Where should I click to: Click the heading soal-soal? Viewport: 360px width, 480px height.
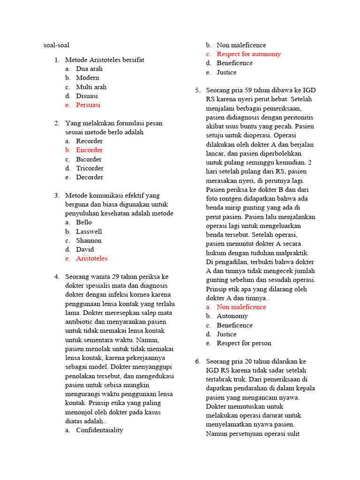tap(56, 45)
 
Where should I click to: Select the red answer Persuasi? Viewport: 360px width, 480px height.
tap(88, 105)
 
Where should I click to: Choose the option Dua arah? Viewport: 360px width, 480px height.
tap(89, 69)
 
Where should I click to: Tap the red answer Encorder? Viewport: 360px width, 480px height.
tap(89, 150)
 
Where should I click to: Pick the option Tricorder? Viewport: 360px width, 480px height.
tap(90, 168)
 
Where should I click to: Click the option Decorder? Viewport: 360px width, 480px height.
tap(90, 177)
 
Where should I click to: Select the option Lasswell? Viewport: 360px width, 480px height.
tap(89, 232)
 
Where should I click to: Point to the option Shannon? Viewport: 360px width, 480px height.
tap(89, 240)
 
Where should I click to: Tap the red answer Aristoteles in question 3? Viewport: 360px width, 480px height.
tap(91, 258)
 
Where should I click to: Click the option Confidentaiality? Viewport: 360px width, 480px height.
tap(99, 430)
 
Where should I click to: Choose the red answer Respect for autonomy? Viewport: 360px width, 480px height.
tap(248, 54)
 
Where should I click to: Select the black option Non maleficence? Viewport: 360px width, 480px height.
tap(241, 45)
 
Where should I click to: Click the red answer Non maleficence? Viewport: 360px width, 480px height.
tap(241, 307)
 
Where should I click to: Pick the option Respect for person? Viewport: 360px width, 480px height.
tap(244, 343)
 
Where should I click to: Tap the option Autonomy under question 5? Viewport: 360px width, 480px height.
tap(232, 316)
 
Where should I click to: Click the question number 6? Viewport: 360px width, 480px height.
tap(197, 361)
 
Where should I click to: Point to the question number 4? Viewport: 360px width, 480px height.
tap(57, 277)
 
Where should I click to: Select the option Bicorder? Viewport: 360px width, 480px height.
tap(89, 159)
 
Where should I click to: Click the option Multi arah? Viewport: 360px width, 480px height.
tap(91, 87)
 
